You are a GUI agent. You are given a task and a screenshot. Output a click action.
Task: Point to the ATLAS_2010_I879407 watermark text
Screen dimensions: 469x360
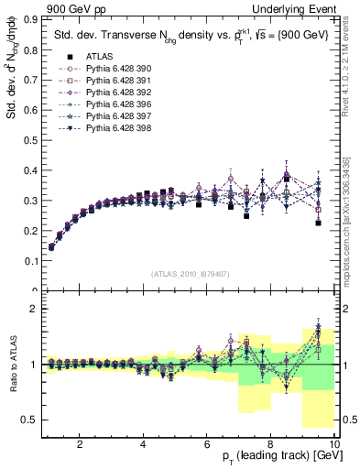click(190, 274)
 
